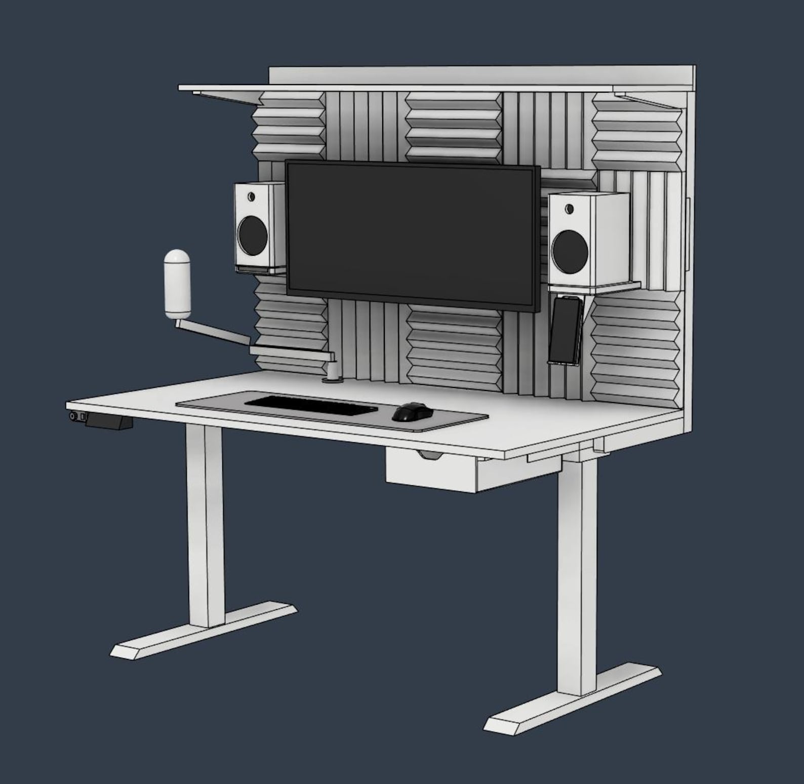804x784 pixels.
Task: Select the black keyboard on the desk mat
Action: [x=311, y=405]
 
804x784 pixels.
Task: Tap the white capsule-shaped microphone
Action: [x=177, y=283]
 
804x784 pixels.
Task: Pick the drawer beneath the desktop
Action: [x=431, y=474]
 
